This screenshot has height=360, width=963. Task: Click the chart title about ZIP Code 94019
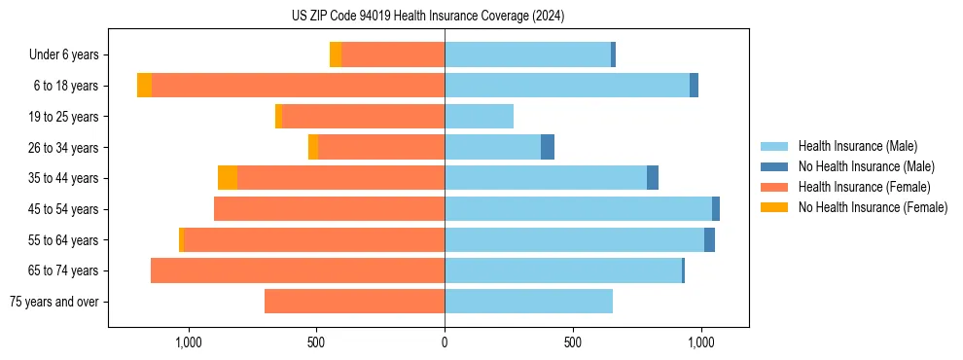pyautogui.click(x=428, y=16)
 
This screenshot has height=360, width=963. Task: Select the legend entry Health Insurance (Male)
pyautogui.click(x=856, y=146)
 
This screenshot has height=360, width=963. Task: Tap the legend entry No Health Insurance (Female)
pyautogui.click(x=873, y=207)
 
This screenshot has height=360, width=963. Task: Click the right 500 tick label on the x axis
pyautogui.click(x=573, y=342)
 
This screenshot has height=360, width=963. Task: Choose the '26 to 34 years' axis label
pyautogui.click(x=66, y=148)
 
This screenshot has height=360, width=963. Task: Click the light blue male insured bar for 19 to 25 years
pyautogui.click(x=479, y=117)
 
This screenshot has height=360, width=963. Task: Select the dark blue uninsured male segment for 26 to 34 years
pyautogui.click(x=548, y=147)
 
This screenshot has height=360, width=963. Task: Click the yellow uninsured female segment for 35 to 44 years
pyautogui.click(x=228, y=178)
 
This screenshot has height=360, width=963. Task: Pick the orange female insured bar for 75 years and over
pyautogui.click(x=354, y=302)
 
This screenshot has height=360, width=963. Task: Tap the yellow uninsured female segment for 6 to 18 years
pyautogui.click(x=144, y=86)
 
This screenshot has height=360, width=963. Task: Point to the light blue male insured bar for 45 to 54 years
pyautogui.click(x=578, y=209)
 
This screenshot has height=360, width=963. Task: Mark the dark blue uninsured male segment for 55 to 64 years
pyautogui.click(x=709, y=239)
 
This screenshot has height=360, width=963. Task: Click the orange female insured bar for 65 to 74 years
pyautogui.click(x=298, y=270)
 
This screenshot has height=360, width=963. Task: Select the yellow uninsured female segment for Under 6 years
pyautogui.click(x=336, y=54)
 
